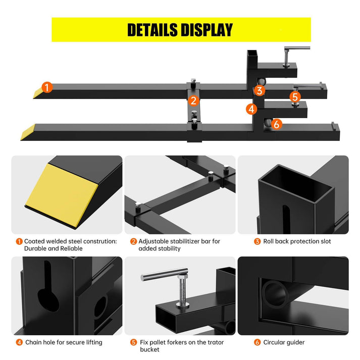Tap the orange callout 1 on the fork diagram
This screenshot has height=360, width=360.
(x=47, y=88)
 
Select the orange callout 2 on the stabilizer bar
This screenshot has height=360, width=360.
(x=193, y=100)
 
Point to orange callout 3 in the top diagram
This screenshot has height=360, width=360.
(x=260, y=91)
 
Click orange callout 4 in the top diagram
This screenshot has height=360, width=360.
(x=251, y=109)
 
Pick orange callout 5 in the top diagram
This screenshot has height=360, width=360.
(x=295, y=96)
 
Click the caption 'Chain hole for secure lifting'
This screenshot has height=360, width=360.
(x=64, y=342)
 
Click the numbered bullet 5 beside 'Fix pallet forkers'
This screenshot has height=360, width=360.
(x=133, y=342)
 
